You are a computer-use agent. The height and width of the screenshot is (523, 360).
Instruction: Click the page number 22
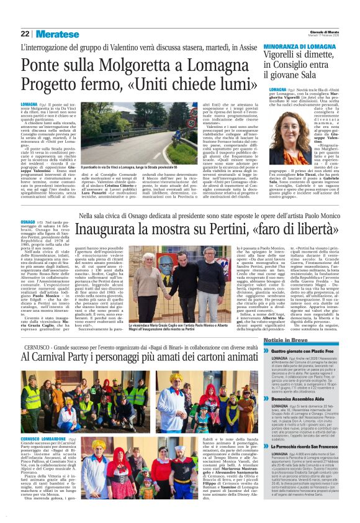pyautogui.click(x=25, y=34)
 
